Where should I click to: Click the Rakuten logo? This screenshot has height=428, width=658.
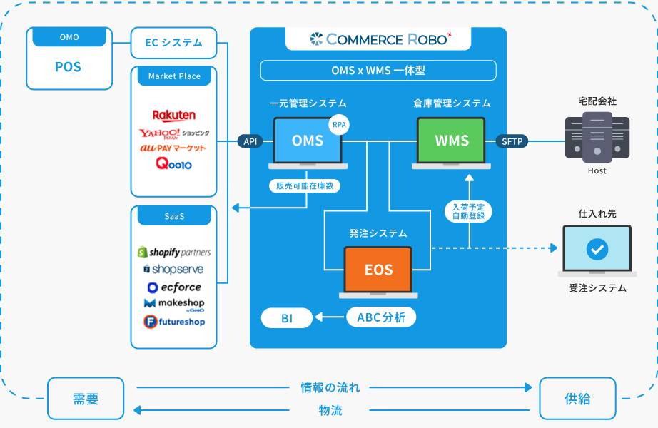[x=173, y=116]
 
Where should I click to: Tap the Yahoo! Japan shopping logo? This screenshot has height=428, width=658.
[x=173, y=133]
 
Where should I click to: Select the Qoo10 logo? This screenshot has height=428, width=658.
[x=173, y=163]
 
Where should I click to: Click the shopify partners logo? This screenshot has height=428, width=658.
[x=173, y=253]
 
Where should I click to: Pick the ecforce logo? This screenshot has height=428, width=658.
[x=173, y=287]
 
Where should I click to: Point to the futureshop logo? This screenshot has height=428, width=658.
[x=173, y=322]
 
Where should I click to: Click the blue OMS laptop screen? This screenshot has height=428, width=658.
[x=308, y=141]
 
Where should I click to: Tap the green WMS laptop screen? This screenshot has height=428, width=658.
[x=451, y=141]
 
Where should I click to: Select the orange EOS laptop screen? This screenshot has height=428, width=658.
[x=378, y=270]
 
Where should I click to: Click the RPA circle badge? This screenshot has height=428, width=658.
[x=339, y=124]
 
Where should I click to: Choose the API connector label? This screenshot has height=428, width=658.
[x=250, y=141]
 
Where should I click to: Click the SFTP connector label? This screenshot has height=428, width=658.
[x=512, y=141]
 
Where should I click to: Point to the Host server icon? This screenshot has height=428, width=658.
[x=597, y=137]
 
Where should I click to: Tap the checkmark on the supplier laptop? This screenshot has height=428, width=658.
[x=597, y=249]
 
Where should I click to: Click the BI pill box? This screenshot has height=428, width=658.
[x=287, y=318]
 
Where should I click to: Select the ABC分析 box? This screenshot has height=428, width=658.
[x=381, y=318]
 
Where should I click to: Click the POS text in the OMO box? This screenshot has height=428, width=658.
[x=69, y=68]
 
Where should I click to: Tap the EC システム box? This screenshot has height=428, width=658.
[x=173, y=43]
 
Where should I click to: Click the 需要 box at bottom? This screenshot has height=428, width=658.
[x=86, y=399]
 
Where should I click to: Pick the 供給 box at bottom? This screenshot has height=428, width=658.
[x=577, y=399]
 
